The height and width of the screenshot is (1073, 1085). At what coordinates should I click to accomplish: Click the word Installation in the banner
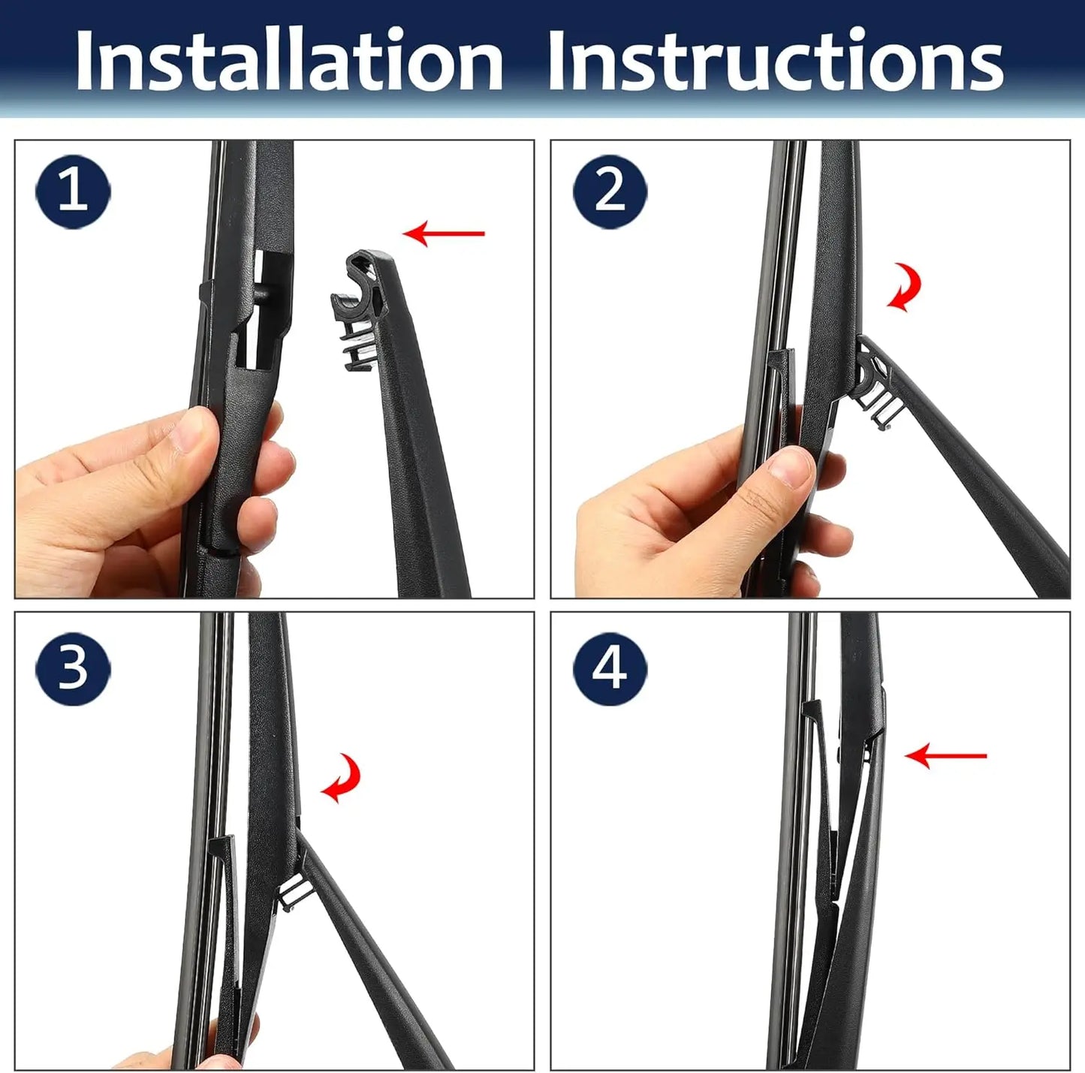[289, 59]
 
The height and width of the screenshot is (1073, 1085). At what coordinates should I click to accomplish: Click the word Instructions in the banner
[776, 59]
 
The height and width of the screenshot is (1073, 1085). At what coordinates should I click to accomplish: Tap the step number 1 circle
[73, 191]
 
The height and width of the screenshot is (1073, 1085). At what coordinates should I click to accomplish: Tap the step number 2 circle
[610, 191]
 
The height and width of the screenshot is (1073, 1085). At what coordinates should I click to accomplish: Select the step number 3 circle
[73, 668]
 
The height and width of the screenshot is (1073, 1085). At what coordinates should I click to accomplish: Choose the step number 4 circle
[610, 668]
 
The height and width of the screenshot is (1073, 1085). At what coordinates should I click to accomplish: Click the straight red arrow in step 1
[443, 234]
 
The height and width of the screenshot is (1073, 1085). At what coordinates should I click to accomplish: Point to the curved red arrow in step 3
[341, 777]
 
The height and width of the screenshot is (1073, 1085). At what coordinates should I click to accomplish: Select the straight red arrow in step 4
[946, 756]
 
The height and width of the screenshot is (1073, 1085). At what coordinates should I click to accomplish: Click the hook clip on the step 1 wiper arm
[359, 310]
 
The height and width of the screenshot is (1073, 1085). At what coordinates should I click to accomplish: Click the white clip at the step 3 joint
[294, 894]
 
